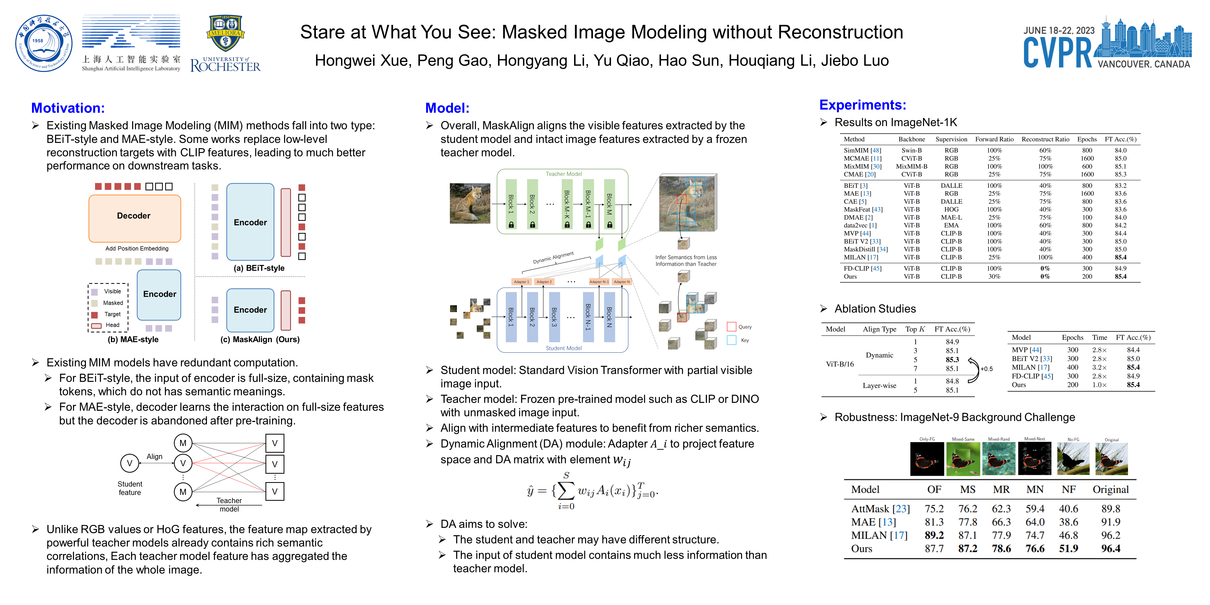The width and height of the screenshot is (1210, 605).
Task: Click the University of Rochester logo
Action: pos(226,44)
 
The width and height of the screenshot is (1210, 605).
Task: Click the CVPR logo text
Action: pos(1057,52)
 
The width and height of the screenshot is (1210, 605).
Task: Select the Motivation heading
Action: pos(68,108)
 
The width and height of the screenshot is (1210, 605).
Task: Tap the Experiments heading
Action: pos(862,105)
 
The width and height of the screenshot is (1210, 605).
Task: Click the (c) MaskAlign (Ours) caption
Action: pos(260,339)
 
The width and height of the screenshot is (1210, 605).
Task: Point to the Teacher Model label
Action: pos(563,174)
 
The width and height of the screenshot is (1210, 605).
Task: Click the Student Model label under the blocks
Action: pos(563,348)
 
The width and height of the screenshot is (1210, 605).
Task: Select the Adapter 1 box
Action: pos(521,282)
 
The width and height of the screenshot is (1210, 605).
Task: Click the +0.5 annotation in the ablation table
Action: pos(987,369)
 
